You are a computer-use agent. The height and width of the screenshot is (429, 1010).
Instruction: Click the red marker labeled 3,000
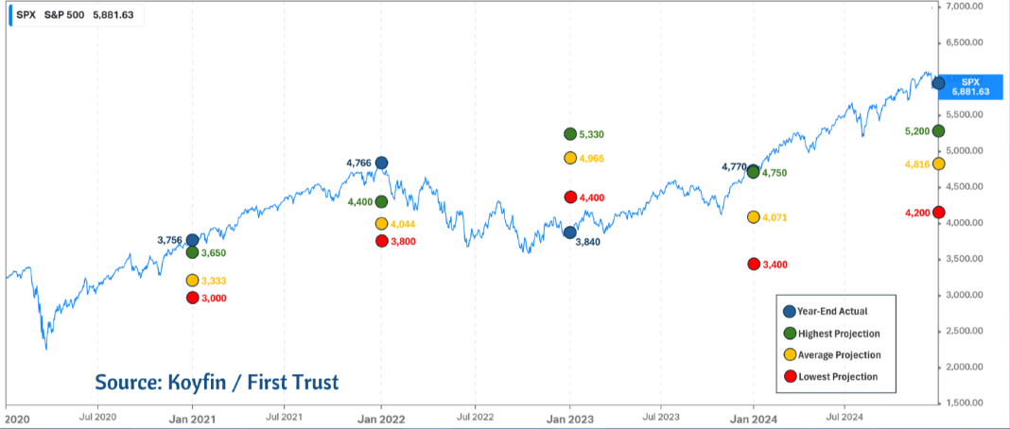pyautogui.click(x=192, y=298)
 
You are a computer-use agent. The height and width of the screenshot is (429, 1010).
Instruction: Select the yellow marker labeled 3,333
pyautogui.click(x=192, y=281)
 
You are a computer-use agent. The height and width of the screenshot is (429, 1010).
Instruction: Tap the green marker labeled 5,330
pyautogui.click(x=570, y=134)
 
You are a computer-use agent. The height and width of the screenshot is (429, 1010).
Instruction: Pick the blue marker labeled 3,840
pyautogui.click(x=570, y=232)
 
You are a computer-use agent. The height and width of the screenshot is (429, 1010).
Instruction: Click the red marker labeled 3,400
pyautogui.click(x=754, y=264)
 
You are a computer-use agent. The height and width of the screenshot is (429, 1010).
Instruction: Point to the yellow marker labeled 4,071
pyautogui.click(x=754, y=217)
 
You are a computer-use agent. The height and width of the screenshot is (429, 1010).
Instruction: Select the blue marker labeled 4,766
pyautogui.click(x=381, y=163)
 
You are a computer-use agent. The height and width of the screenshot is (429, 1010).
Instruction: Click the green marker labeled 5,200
pyautogui.click(x=938, y=130)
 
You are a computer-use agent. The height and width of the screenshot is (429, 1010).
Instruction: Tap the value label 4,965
pyautogui.click(x=603, y=159)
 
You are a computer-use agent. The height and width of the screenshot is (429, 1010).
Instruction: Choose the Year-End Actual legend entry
pyautogui.click(x=832, y=311)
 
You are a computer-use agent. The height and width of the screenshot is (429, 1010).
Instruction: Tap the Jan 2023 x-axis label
pyautogui.click(x=569, y=416)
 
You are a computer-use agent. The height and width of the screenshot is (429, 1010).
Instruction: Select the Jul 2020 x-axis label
pyautogui.click(x=97, y=416)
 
